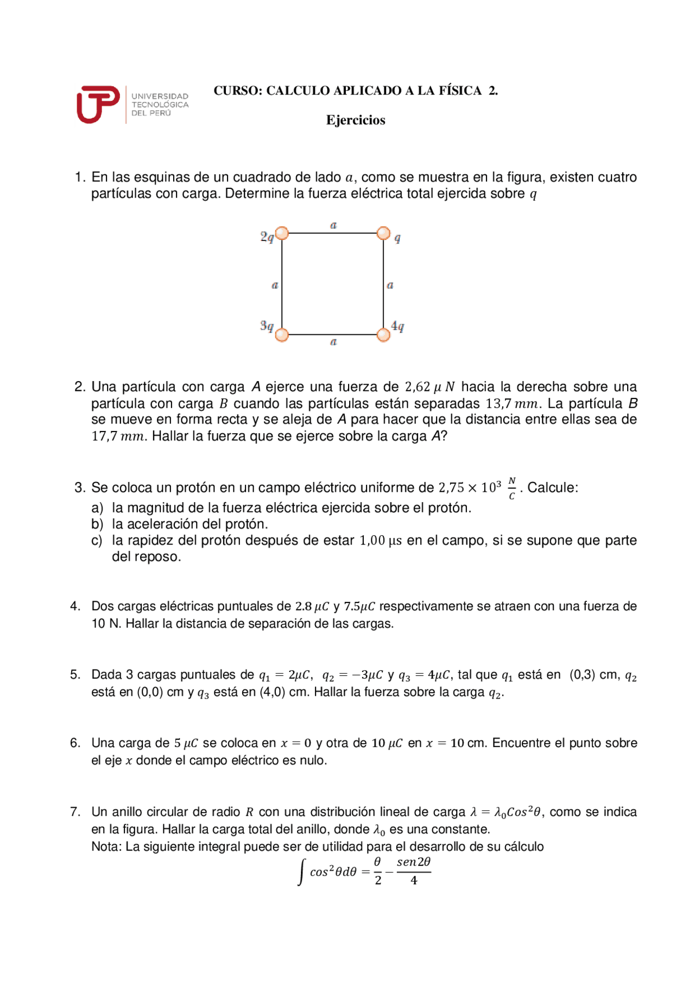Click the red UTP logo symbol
(x=98, y=104)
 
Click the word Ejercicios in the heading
(x=356, y=120)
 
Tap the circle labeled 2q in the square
(x=282, y=233)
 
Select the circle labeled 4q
(x=383, y=335)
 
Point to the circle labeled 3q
(x=282, y=335)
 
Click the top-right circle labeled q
(x=383, y=233)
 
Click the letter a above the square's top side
(x=333, y=225)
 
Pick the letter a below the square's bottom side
(x=333, y=342)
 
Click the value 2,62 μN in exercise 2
(x=429, y=387)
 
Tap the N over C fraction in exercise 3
(x=511, y=488)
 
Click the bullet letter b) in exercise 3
(x=97, y=524)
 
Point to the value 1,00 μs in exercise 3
(x=381, y=541)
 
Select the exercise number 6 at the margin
(x=75, y=743)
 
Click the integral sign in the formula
(x=301, y=872)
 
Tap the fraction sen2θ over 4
(x=414, y=871)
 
